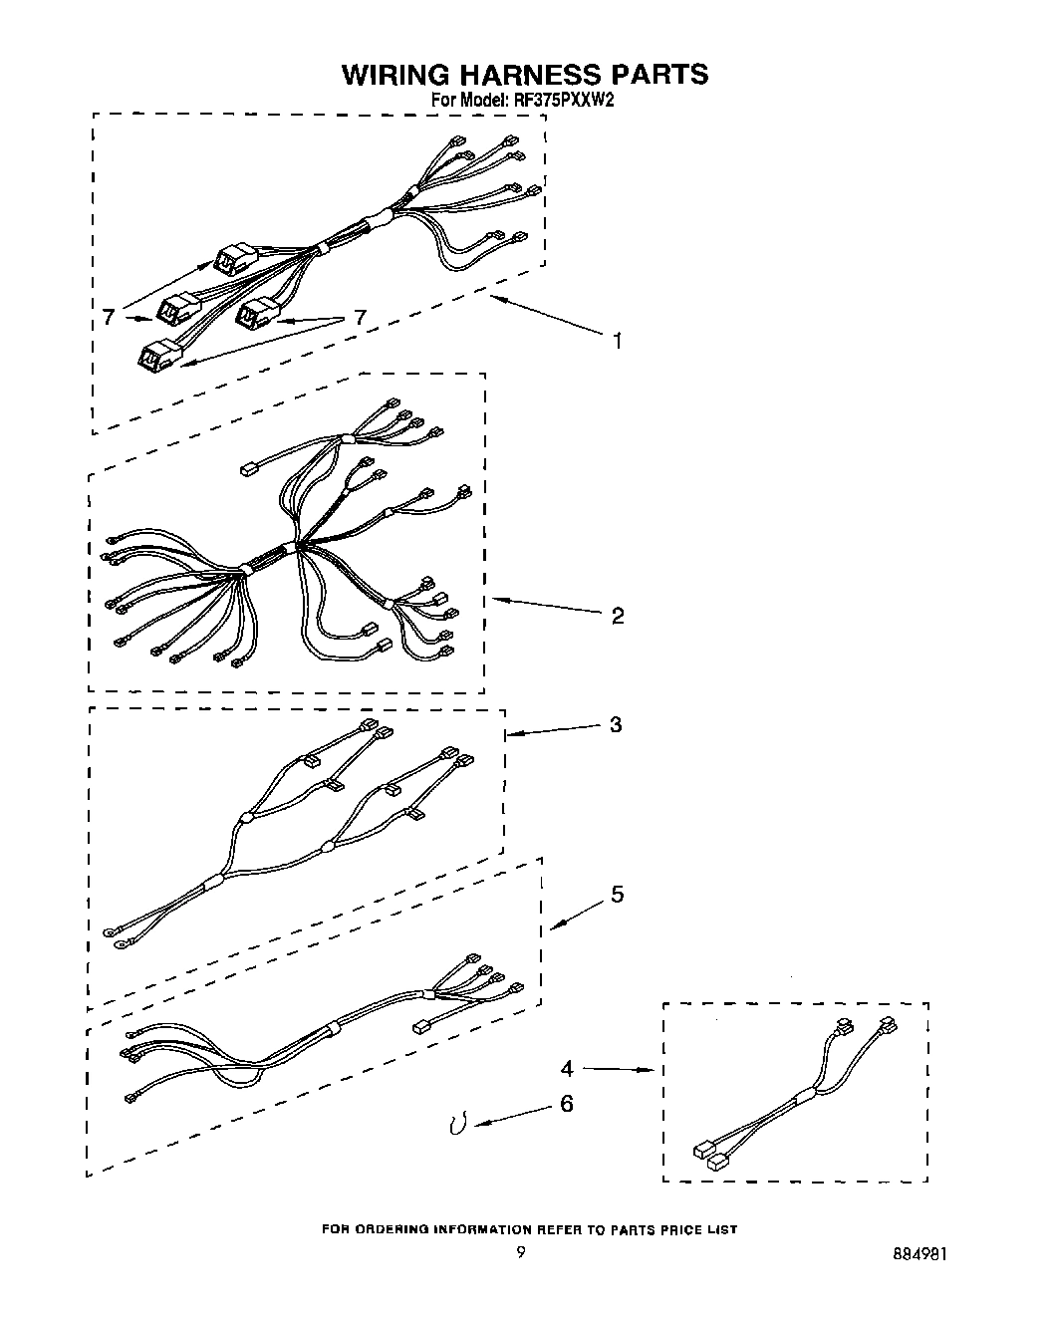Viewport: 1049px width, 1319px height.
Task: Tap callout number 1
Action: pos(618,341)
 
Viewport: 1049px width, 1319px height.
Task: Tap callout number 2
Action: pos(618,616)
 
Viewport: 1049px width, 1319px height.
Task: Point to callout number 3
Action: pos(616,724)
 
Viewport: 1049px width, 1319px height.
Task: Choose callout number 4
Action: pos(567,1069)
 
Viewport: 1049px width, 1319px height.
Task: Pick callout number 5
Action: pos(618,895)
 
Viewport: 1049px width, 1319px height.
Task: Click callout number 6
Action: pos(567,1104)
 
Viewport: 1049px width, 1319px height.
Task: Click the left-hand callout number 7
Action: pos(108,318)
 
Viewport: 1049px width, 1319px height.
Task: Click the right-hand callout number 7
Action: pos(360,318)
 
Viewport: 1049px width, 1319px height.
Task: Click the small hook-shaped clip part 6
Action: pos(458,1124)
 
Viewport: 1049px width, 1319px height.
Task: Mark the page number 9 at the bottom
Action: pos(520,1253)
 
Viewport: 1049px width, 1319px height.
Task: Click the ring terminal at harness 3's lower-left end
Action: pos(109,933)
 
